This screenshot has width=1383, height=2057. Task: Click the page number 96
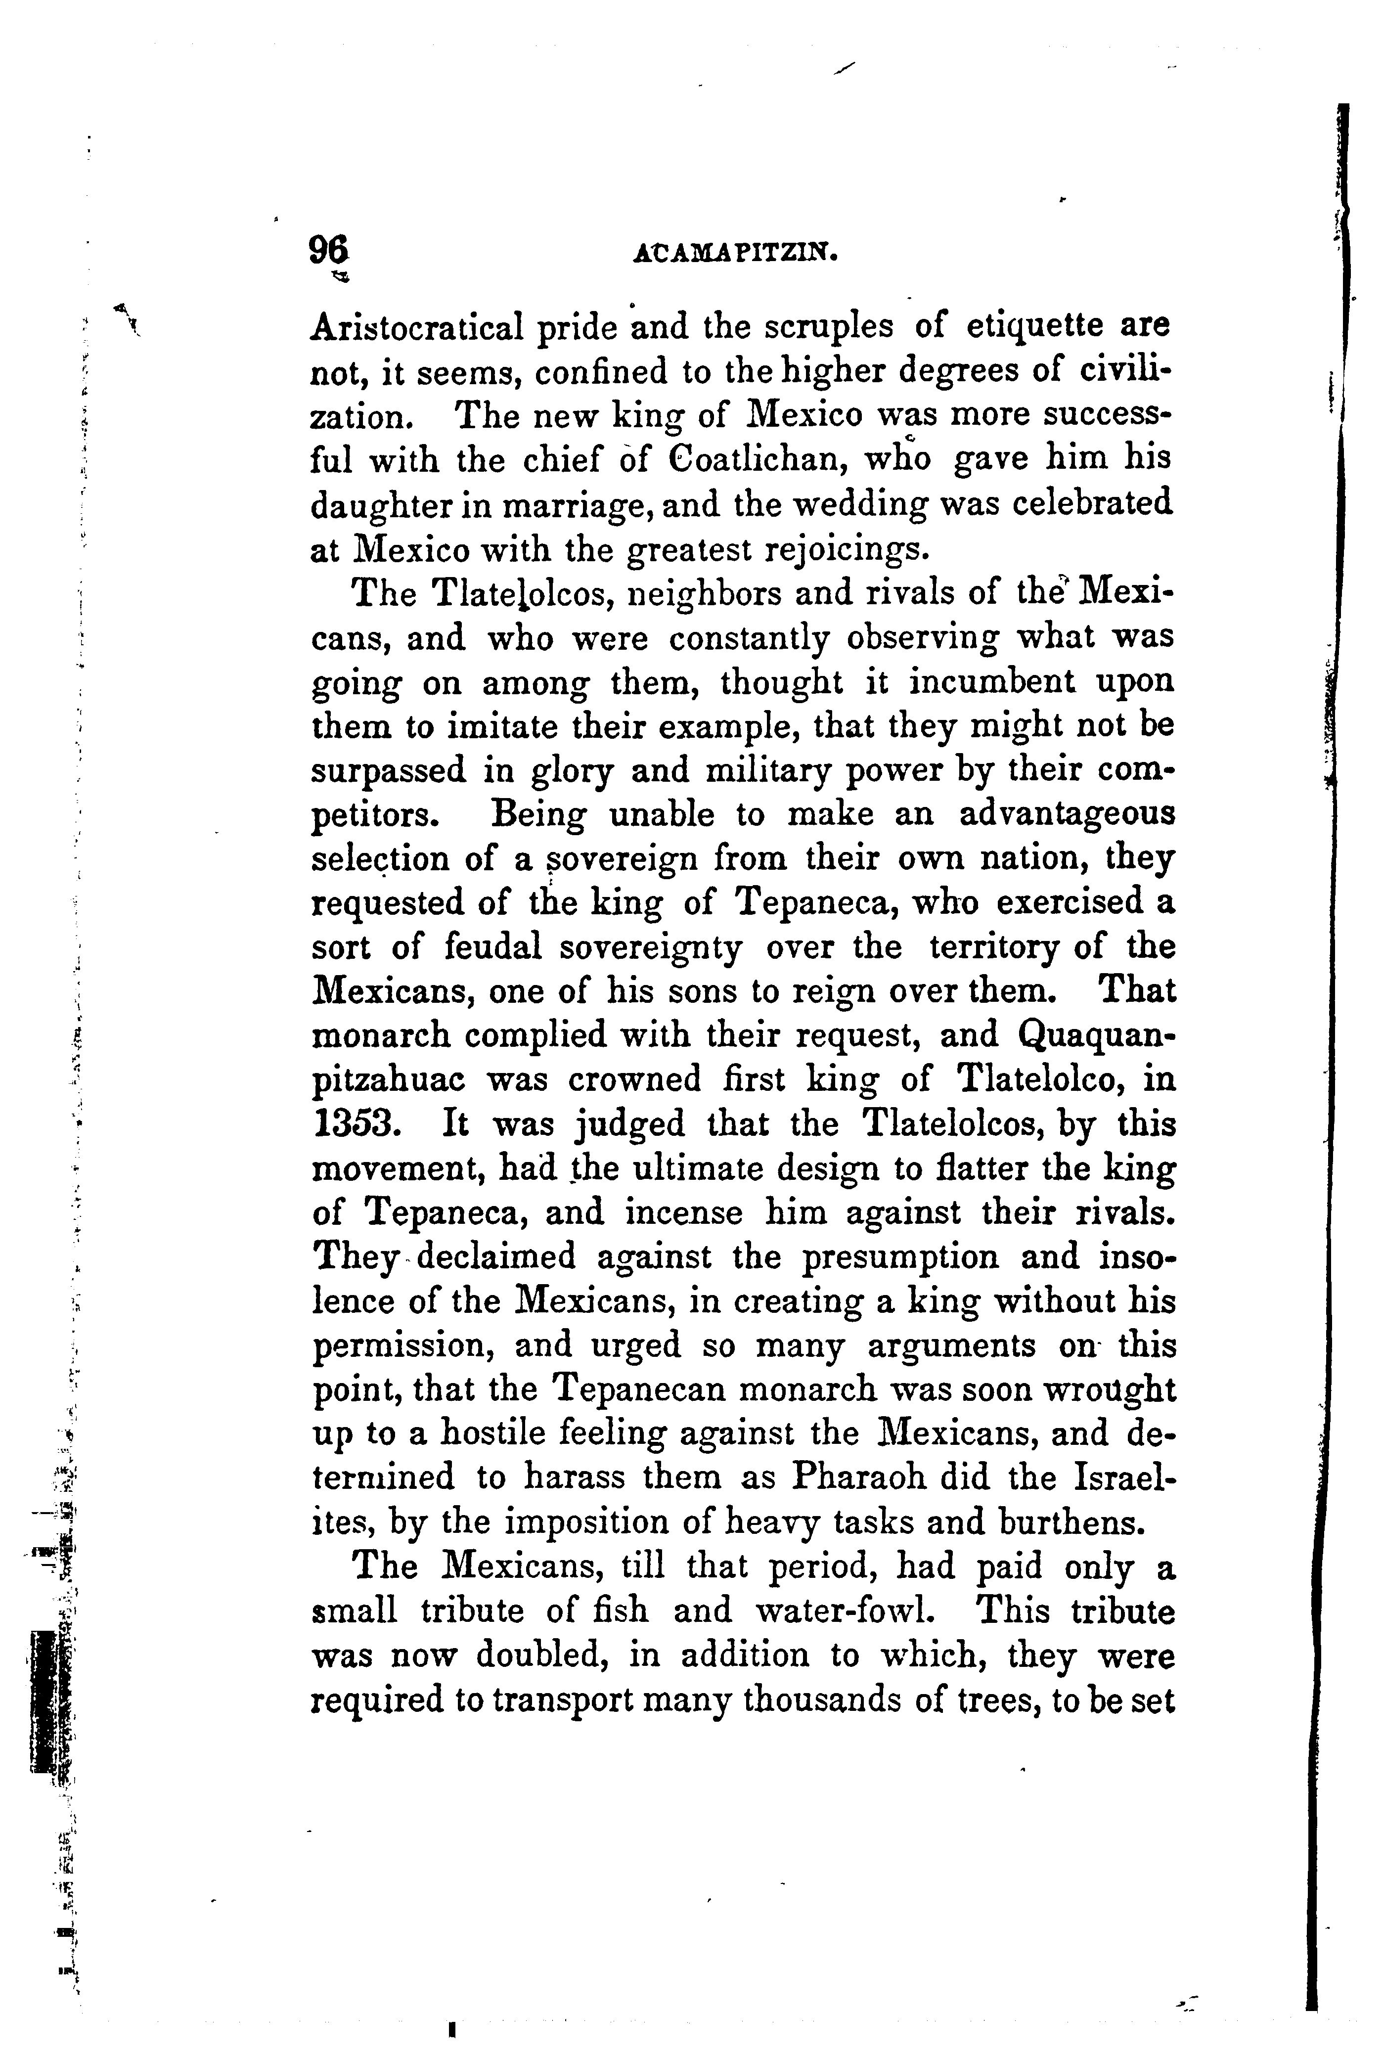(x=328, y=251)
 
